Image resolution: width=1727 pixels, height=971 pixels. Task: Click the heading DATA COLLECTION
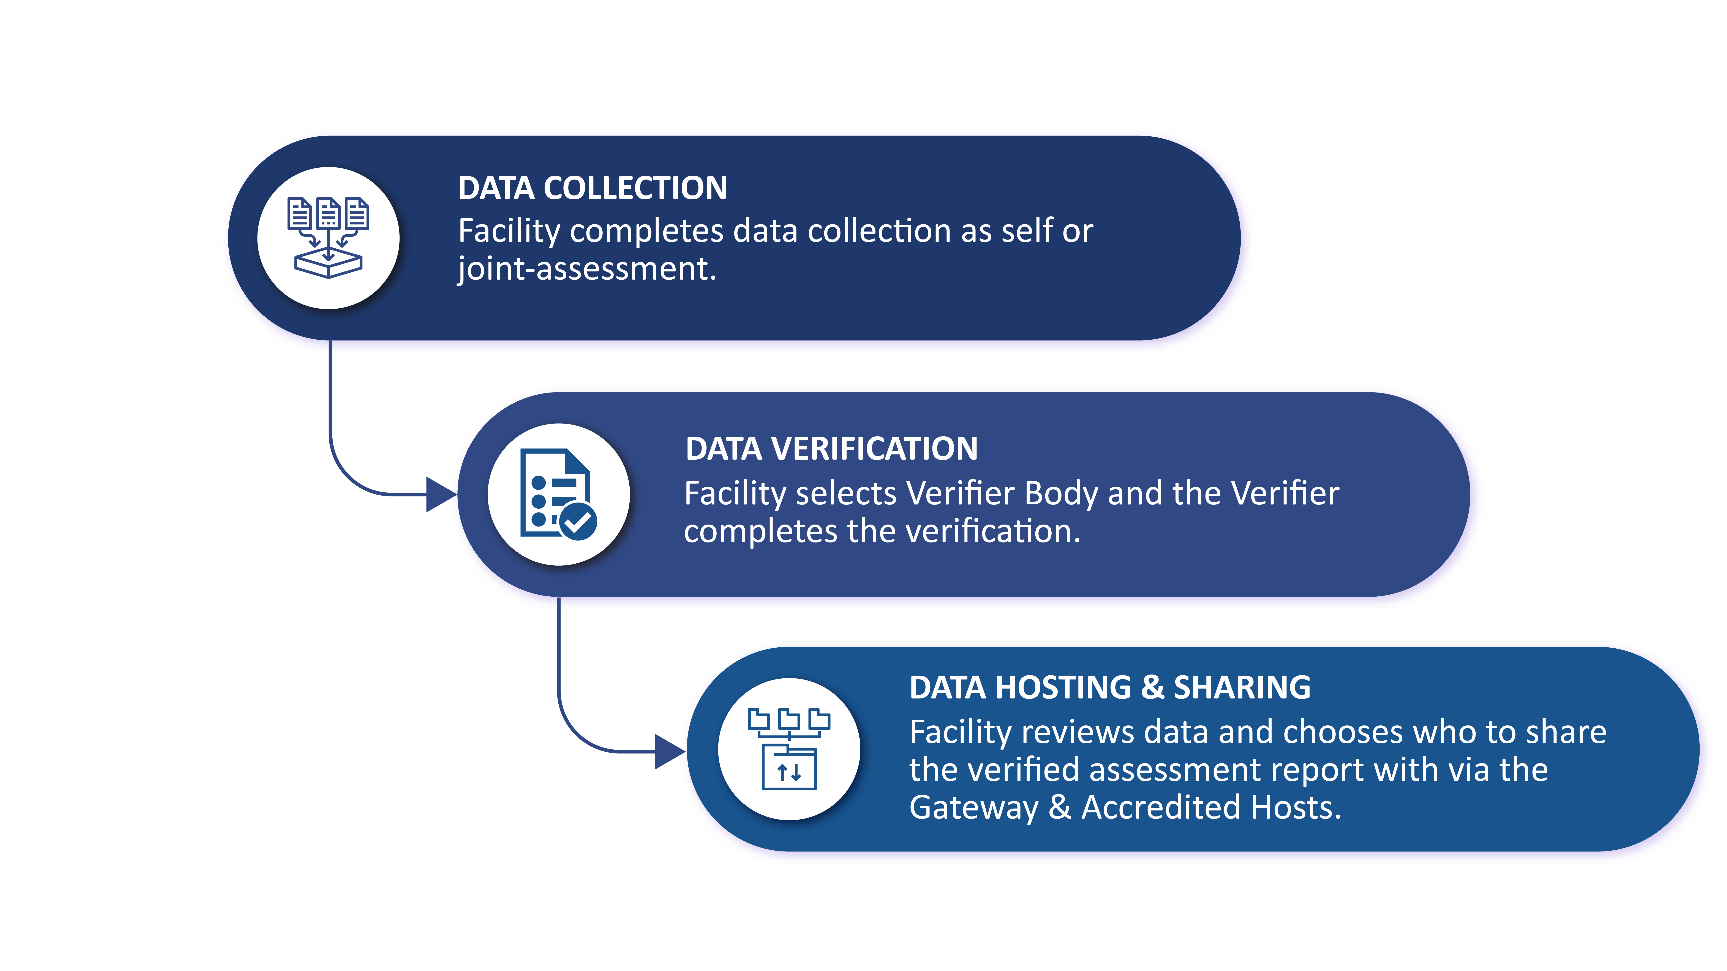click(593, 188)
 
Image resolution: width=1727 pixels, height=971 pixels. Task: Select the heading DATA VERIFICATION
click(831, 449)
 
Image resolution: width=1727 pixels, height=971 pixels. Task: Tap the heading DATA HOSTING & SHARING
click(1109, 687)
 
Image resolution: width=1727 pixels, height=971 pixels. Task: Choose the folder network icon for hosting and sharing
click(789, 749)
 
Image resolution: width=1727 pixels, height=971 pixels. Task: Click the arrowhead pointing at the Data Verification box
click(441, 495)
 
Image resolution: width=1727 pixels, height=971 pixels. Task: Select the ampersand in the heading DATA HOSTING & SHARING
click(1152, 687)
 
